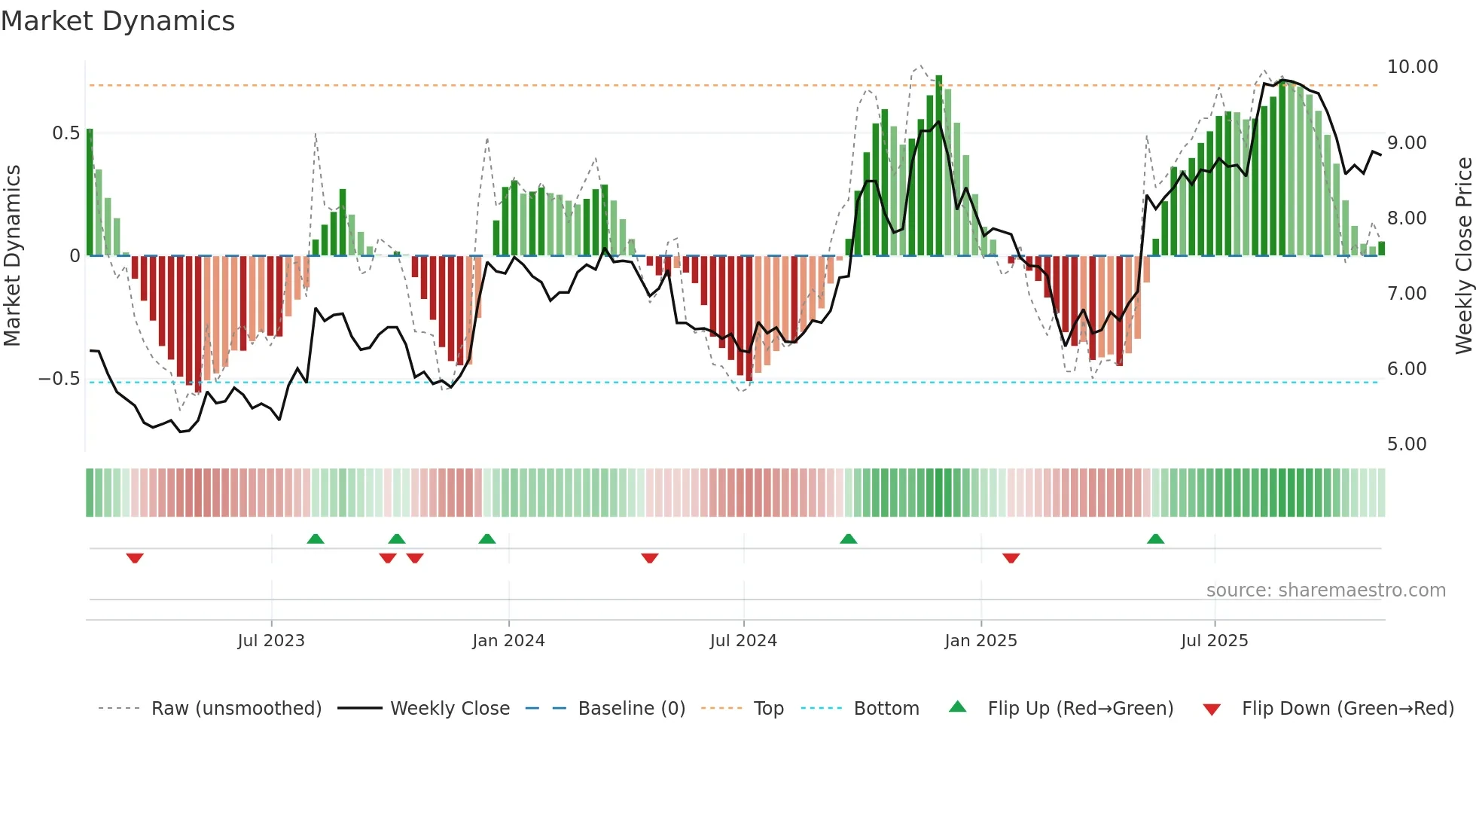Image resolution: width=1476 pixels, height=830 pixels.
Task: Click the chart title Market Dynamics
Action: click(x=117, y=21)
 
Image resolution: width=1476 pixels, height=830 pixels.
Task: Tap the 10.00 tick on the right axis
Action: click(x=1412, y=67)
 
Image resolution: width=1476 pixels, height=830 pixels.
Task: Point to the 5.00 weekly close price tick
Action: click(x=1406, y=444)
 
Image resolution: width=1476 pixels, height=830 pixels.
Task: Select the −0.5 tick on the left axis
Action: click(x=59, y=379)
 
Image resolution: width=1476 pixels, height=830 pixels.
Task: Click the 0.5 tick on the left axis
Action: click(x=66, y=133)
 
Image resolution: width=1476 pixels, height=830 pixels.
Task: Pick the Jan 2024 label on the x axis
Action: click(x=508, y=641)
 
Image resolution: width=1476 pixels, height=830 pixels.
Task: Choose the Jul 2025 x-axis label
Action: click(x=1214, y=641)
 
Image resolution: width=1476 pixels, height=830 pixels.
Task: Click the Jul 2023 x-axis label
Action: click(x=271, y=641)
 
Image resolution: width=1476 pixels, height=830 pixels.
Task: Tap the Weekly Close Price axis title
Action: click(x=1463, y=256)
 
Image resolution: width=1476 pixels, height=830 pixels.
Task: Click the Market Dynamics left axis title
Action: click(x=12, y=256)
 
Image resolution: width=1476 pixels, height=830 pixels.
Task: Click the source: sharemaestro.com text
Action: click(x=1325, y=590)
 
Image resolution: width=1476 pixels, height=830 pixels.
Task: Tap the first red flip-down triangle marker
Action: click(x=135, y=558)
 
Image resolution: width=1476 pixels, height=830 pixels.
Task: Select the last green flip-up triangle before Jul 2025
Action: click(x=1155, y=539)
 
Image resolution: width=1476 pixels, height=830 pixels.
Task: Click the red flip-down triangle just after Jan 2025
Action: click(x=1011, y=558)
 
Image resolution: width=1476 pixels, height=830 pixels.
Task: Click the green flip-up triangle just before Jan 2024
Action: click(x=487, y=539)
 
